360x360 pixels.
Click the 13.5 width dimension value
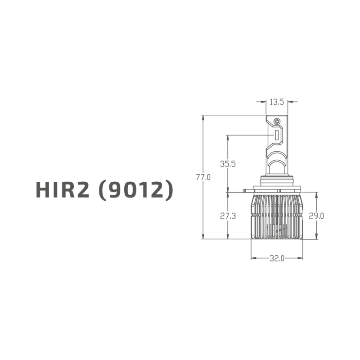click(276, 102)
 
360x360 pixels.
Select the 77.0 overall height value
click(203, 177)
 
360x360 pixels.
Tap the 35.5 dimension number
click(228, 164)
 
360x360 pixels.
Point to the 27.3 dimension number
click(228, 216)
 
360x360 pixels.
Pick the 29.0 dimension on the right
click(317, 216)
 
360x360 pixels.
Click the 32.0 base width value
click(277, 258)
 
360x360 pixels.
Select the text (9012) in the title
click(135, 190)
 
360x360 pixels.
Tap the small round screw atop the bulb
click(277, 121)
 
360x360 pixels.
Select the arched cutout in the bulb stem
click(277, 157)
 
